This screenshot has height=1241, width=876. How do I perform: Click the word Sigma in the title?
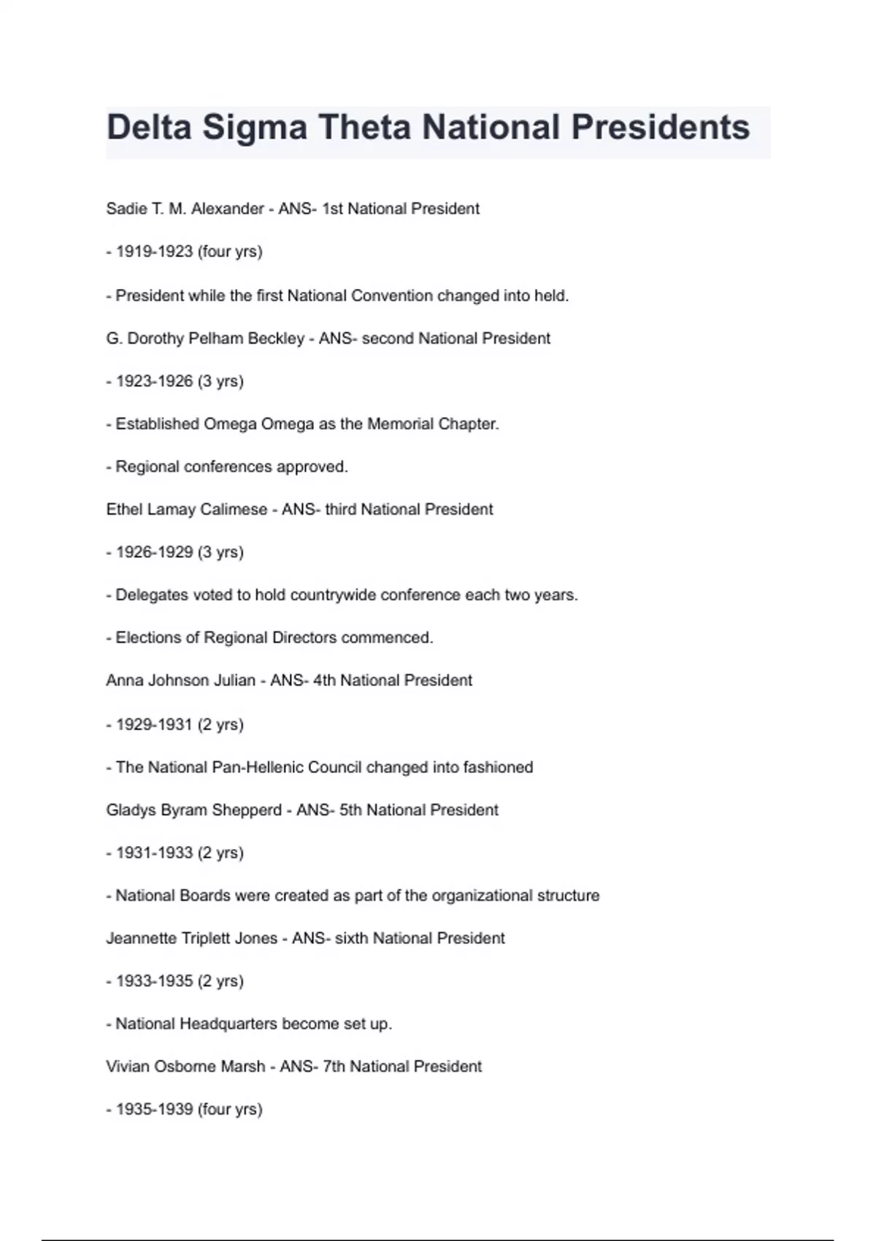tap(255, 128)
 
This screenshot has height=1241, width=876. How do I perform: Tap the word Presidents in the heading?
tap(660, 128)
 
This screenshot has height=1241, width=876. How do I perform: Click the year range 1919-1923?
tap(154, 252)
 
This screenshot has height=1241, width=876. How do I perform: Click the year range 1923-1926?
tap(154, 381)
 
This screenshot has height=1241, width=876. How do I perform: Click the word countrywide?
tap(333, 595)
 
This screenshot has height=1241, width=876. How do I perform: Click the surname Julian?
tap(234, 680)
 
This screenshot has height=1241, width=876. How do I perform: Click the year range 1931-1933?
tap(154, 853)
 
